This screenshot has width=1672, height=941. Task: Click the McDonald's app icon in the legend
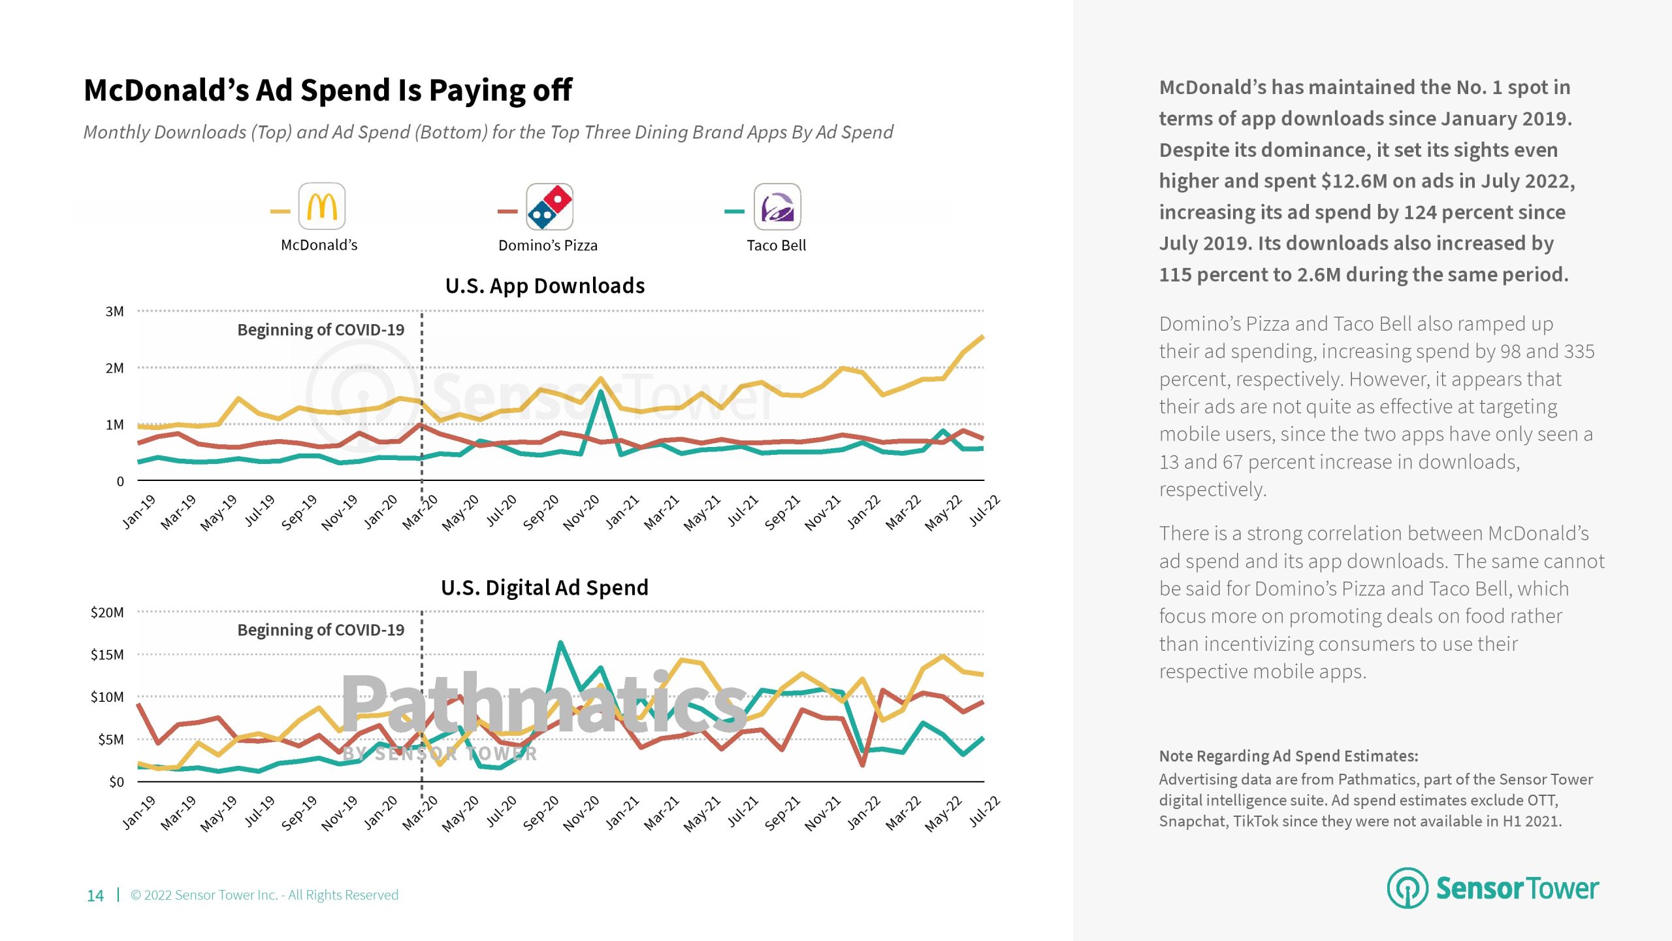tap(321, 206)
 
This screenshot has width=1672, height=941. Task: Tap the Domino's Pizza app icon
tap(549, 206)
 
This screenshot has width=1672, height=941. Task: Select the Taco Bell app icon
tap(777, 206)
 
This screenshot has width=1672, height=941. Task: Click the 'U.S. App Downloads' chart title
tap(545, 286)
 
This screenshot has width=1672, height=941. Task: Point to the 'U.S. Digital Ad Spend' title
tap(545, 587)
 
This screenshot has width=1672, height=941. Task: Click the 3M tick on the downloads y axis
tap(115, 312)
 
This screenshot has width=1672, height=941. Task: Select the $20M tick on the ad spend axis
tap(107, 613)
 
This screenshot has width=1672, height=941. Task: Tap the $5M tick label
tap(110, 740)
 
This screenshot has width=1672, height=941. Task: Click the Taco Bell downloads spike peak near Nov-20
tap(600, 391)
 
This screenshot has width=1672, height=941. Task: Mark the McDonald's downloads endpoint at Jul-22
tap(982, 337)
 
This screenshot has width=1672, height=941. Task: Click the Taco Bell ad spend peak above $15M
tap(560, 643)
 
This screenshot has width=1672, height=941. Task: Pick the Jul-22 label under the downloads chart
tap(985, 510)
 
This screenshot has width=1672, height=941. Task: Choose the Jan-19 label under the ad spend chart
tap(139, 812)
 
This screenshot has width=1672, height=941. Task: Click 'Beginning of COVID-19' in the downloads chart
tap(321, 330)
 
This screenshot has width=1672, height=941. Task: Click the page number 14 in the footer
tap(95, 895)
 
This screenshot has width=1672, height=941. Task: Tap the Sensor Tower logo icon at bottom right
tap(1407, 888)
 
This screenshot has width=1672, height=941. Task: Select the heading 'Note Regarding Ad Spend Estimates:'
tap(1288, 756)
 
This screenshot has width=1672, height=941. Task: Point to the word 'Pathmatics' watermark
tap(543, 704)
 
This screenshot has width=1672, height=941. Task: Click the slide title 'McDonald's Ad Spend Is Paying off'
tap(328, 90)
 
